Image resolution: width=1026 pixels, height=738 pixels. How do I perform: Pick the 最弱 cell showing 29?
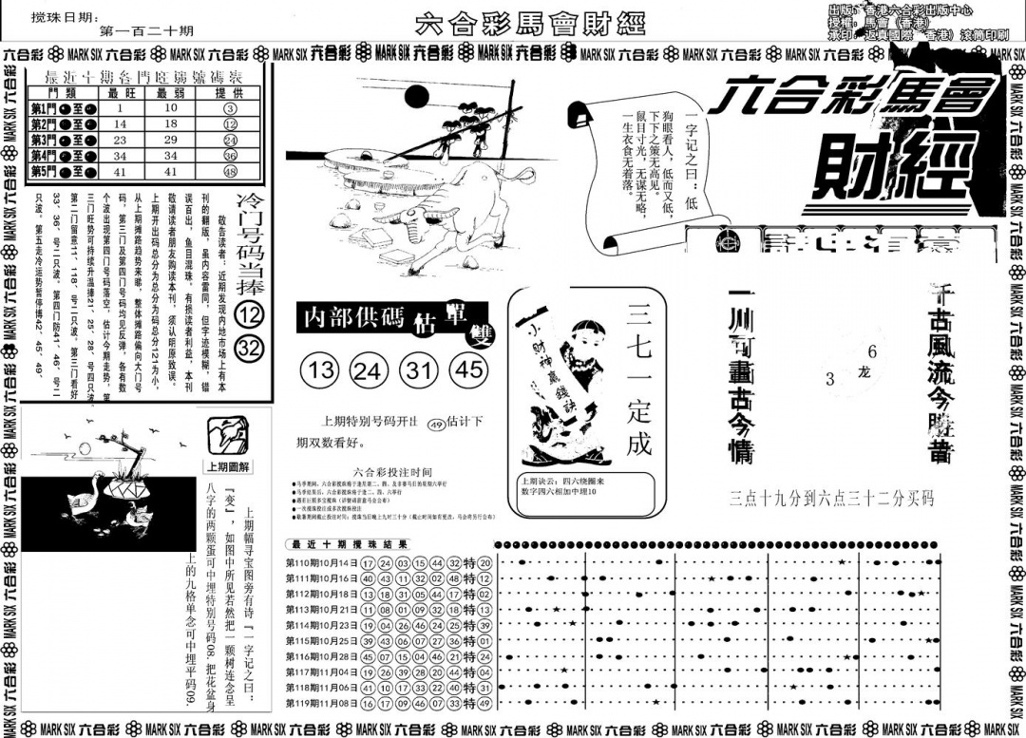(x=172, y=140)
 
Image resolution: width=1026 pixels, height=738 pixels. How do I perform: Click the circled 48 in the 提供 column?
(x=230, y=172)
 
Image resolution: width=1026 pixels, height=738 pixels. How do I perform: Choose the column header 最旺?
(x=121, y=92)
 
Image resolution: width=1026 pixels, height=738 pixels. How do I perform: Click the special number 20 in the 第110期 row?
(x=484, y=562)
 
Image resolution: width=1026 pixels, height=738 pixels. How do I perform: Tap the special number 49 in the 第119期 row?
(x=484, y=704)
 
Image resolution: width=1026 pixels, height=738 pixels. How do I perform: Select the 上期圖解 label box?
(x=229, y=466)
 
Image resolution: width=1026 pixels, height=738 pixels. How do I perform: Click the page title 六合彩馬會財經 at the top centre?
(x=517, y=22)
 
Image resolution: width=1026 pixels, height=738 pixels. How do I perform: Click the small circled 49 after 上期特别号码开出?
(x=436, y=424)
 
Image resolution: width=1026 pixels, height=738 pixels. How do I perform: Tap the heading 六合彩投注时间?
(x=391, y=472)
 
